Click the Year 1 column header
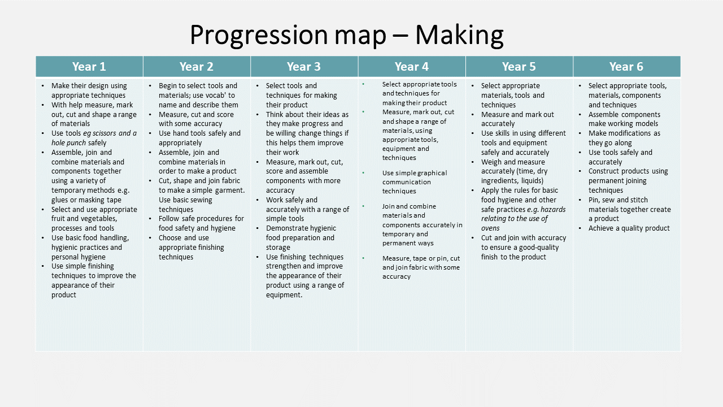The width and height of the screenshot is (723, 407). (89, 67)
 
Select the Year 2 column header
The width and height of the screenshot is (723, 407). (197, 67)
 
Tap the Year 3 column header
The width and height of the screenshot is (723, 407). (304, 67)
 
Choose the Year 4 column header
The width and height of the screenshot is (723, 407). (412, 67)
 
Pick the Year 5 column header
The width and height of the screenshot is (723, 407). (519, 67)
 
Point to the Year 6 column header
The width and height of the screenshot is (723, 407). (626, 67)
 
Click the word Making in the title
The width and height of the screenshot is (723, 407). (459, 35)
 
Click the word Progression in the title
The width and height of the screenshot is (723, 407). (259, 35)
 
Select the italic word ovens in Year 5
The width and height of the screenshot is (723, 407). (490, 228)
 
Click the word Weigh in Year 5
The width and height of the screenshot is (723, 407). (490, 162)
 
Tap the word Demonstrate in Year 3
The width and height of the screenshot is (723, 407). (285, 228)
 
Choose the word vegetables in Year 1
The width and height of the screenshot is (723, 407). (100, 219)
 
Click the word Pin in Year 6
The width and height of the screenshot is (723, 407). (594, 200)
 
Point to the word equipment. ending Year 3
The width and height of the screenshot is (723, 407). (284, 295)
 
